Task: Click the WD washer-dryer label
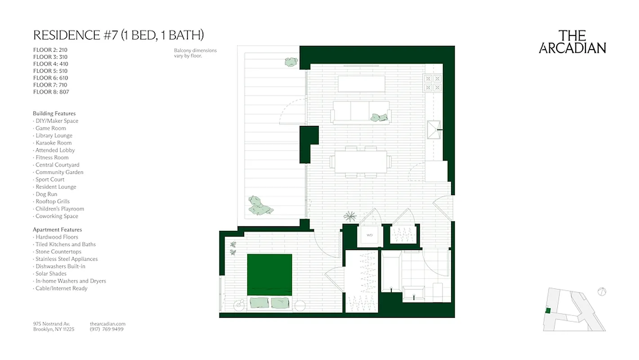click(370, 235)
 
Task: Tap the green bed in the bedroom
click(270, 275)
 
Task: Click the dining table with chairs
click(361, 162)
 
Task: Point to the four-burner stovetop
click(433, 82)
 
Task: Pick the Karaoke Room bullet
click(53, 143)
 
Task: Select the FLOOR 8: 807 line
click(51, 92)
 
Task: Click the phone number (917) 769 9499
click(107, 329)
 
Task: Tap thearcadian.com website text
click(107, 324)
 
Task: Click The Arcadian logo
click(572, 42)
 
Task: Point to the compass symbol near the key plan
click(602, 291)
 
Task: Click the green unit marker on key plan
click(548, 310)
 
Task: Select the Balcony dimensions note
click(195, 53)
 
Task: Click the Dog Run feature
click(46, 194)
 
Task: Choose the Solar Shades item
click(51, 274)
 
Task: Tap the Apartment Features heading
click(57, 229)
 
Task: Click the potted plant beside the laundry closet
click(349, 216)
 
